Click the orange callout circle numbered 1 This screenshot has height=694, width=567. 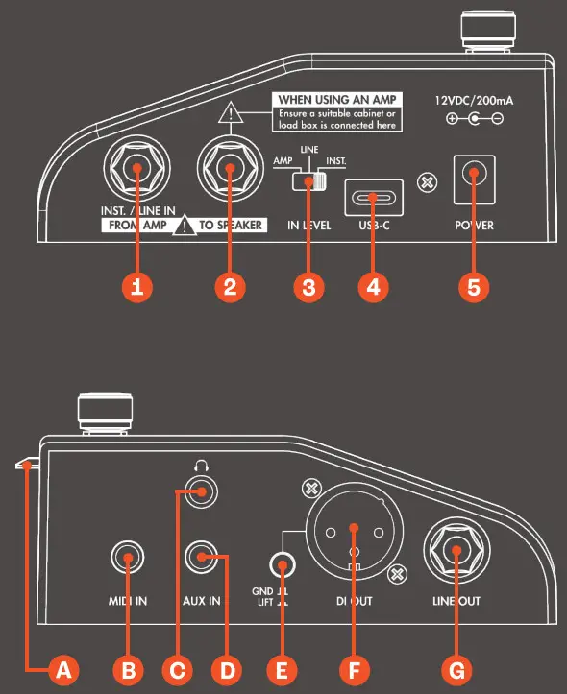coord(137,288)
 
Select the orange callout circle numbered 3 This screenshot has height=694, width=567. coord(308,288)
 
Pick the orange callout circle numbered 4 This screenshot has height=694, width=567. coord(375,288)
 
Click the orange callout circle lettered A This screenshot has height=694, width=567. coord(63,670)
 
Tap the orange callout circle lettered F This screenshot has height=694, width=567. coord(355,670)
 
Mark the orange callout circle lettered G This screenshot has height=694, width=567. coord(456,670)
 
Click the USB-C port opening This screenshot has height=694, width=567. coord(375,199)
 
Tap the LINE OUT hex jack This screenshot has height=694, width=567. coord(456,551)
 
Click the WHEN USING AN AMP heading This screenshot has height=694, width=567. coord(337,100)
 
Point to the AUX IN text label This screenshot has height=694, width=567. coord(201,601)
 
